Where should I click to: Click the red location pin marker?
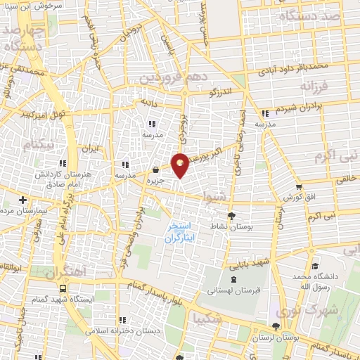point(180,165)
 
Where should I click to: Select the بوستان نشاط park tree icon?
point(232,217)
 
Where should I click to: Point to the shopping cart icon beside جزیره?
point(155,169)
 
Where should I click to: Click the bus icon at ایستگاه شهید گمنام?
point(64,288)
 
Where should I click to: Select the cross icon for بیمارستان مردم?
point(23,199)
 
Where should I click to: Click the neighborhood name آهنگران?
point(68,270)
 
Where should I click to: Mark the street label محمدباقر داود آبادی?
point(292,69)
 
